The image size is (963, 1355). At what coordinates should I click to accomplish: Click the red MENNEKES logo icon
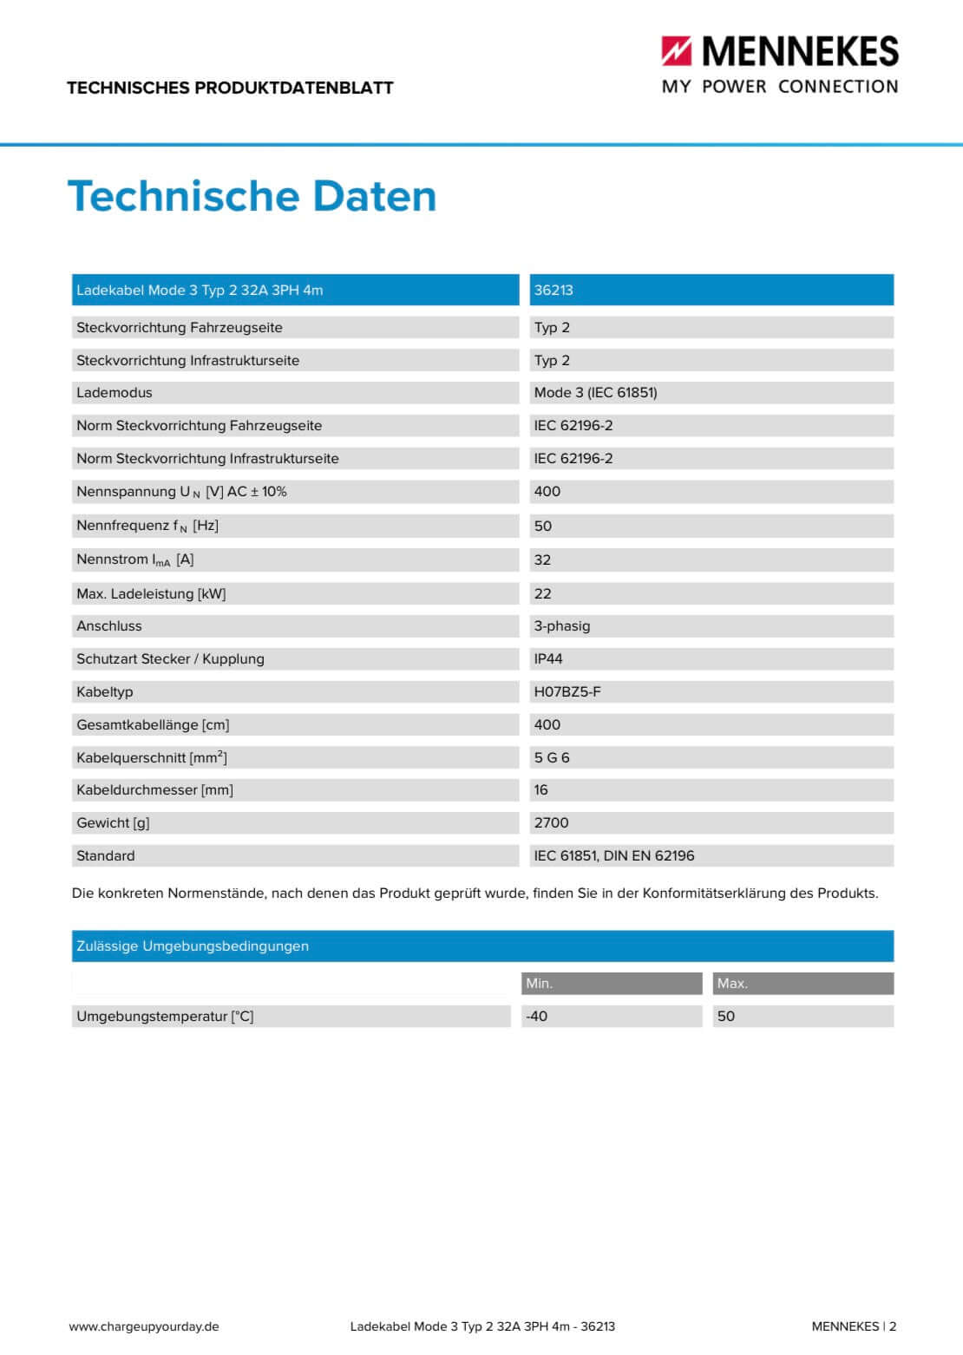(677, 51)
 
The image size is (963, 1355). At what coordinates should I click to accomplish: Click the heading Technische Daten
(252, 196)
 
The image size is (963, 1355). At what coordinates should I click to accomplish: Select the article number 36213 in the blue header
(554, 291)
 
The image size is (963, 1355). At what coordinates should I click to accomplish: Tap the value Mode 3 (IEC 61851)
(595, 393)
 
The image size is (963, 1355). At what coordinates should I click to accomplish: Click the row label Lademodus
(114, 393)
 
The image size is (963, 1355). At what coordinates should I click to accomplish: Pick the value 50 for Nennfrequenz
(543, 526)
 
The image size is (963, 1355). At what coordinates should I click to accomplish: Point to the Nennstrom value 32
(542, 560)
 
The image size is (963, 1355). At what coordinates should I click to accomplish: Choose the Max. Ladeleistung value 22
(542, 594)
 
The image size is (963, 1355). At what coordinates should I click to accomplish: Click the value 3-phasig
(561, 626)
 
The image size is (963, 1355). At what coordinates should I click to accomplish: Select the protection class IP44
(548, 659)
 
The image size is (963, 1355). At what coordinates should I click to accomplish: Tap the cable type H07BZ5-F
(567, 692)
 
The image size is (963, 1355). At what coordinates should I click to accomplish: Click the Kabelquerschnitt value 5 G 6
(552, 758)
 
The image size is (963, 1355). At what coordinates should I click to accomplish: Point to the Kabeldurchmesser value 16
(541, 790)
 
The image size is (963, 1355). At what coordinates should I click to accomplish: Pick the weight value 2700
(551, 823)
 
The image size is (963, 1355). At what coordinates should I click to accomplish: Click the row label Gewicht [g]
(113, 823)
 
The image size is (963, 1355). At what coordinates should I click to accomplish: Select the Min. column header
(539, 984)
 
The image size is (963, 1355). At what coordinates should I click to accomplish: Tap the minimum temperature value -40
(536, 1017)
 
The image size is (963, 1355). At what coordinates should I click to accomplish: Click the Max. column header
(732, 984)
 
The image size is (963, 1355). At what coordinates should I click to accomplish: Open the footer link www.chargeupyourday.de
(144, 1326)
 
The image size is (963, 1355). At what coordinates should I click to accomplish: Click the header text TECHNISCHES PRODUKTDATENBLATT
(230, 88)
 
